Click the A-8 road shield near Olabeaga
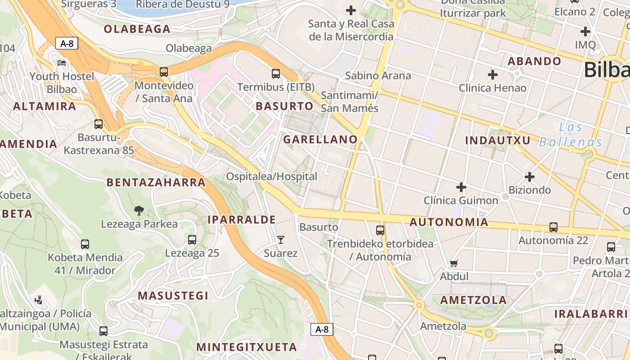[67, 44]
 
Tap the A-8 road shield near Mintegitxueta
[322, 329]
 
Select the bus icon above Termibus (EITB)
[276, 73]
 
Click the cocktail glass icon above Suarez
[281, 239]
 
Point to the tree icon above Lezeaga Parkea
[139, 210]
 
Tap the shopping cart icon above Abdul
[454, 263]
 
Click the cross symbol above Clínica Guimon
[461, 187]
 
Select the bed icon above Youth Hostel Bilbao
[62, 63]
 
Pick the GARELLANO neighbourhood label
[320, 139]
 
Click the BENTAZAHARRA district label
[156, 182]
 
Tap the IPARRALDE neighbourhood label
[242, 220]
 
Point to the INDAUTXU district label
[498, 140]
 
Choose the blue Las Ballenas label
[571, 135]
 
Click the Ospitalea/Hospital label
[271, 176]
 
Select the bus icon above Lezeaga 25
[192, 240]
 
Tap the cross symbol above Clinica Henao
[493, 74]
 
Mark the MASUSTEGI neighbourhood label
[173, 296]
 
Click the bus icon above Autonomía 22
[553, 227]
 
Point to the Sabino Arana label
[378, 75]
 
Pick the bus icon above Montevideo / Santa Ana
[164, 72]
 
